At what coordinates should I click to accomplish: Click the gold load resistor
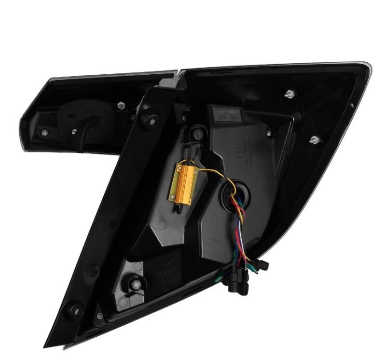186,180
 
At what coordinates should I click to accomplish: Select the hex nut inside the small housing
121,104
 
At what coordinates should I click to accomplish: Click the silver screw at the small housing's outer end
44,133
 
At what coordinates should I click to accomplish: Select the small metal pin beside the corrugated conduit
73,131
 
